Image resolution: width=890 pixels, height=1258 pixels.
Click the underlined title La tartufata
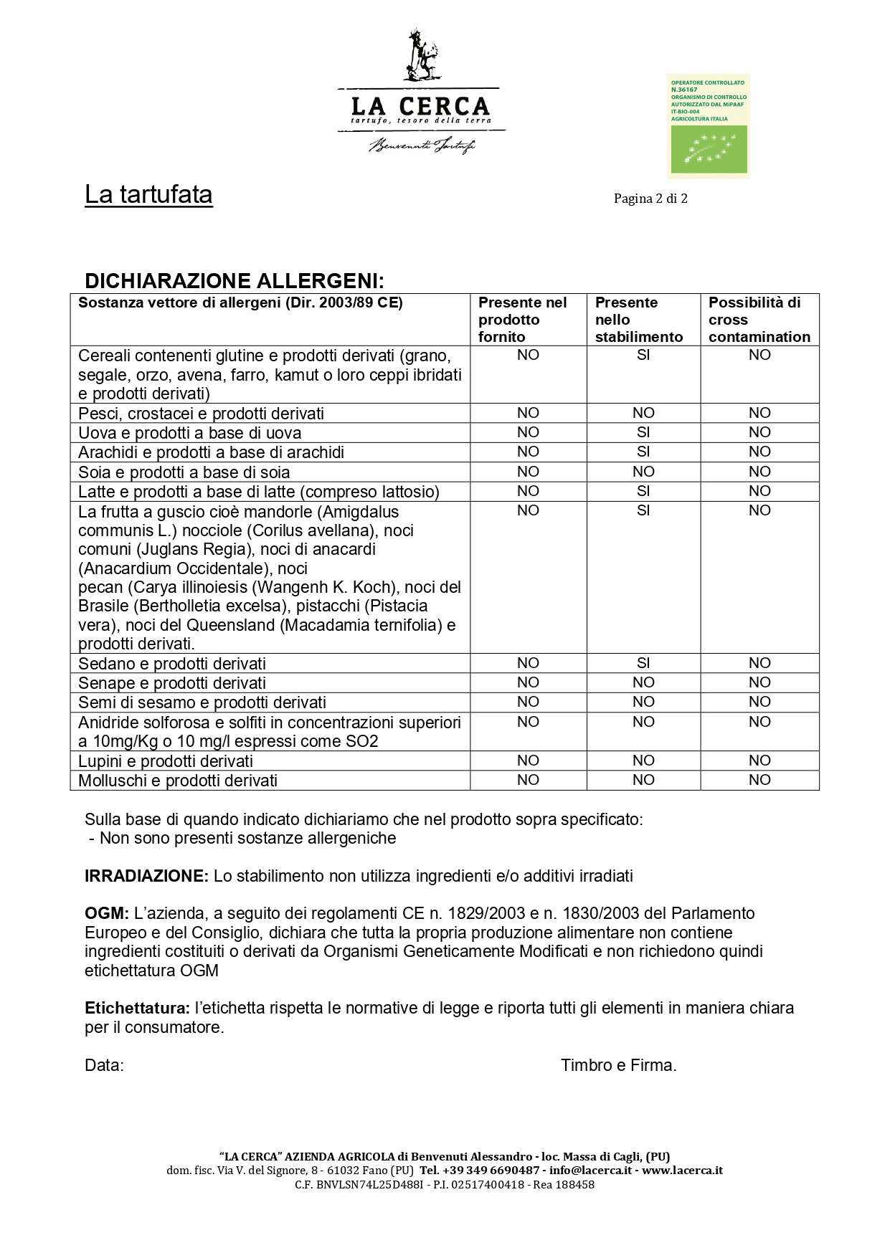pyautogui.click(x=148, y=195)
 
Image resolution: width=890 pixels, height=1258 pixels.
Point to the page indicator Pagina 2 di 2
pyautogui.click(x=650, y=199)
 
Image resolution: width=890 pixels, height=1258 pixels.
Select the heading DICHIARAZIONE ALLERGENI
pyautogui.click(x=235, y=280)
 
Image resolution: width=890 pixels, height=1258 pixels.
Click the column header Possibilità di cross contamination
pyautogui.click(x=759, y=320)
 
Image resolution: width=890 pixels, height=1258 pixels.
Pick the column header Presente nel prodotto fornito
pyautogui.click(x=522, y=320)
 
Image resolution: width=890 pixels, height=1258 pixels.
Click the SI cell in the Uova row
pyautogui.click(x=643, y=432)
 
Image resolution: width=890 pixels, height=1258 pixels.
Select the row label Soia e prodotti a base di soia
pyautogui.click(x=184, y=472)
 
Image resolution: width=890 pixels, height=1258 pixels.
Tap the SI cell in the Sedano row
pyautogui.click(x=643, y=663)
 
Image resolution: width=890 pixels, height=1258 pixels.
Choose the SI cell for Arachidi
pyautogui.click(x=643, y=452)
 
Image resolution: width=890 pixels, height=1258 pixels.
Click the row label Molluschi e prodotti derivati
pyautogui.click(x=178, y=781)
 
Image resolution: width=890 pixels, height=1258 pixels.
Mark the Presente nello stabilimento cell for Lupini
pyautogui.click(x=643, y=761)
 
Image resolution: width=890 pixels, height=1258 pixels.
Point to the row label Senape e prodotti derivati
pyautogui.click(x=172, y=683)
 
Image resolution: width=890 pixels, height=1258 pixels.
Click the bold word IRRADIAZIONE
pyautogui.click(x=146, y=876)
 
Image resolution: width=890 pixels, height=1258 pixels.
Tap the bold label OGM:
pyautogui.click(x=107, y=913)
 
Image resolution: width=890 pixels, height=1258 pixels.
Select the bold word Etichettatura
pyautogui.click(x=137, y=1008)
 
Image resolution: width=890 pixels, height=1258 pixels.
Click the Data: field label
pyautogui.click(x=104, y=1065)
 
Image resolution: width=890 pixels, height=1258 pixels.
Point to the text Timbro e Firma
pyautogui.click(x=618, y=1065)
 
